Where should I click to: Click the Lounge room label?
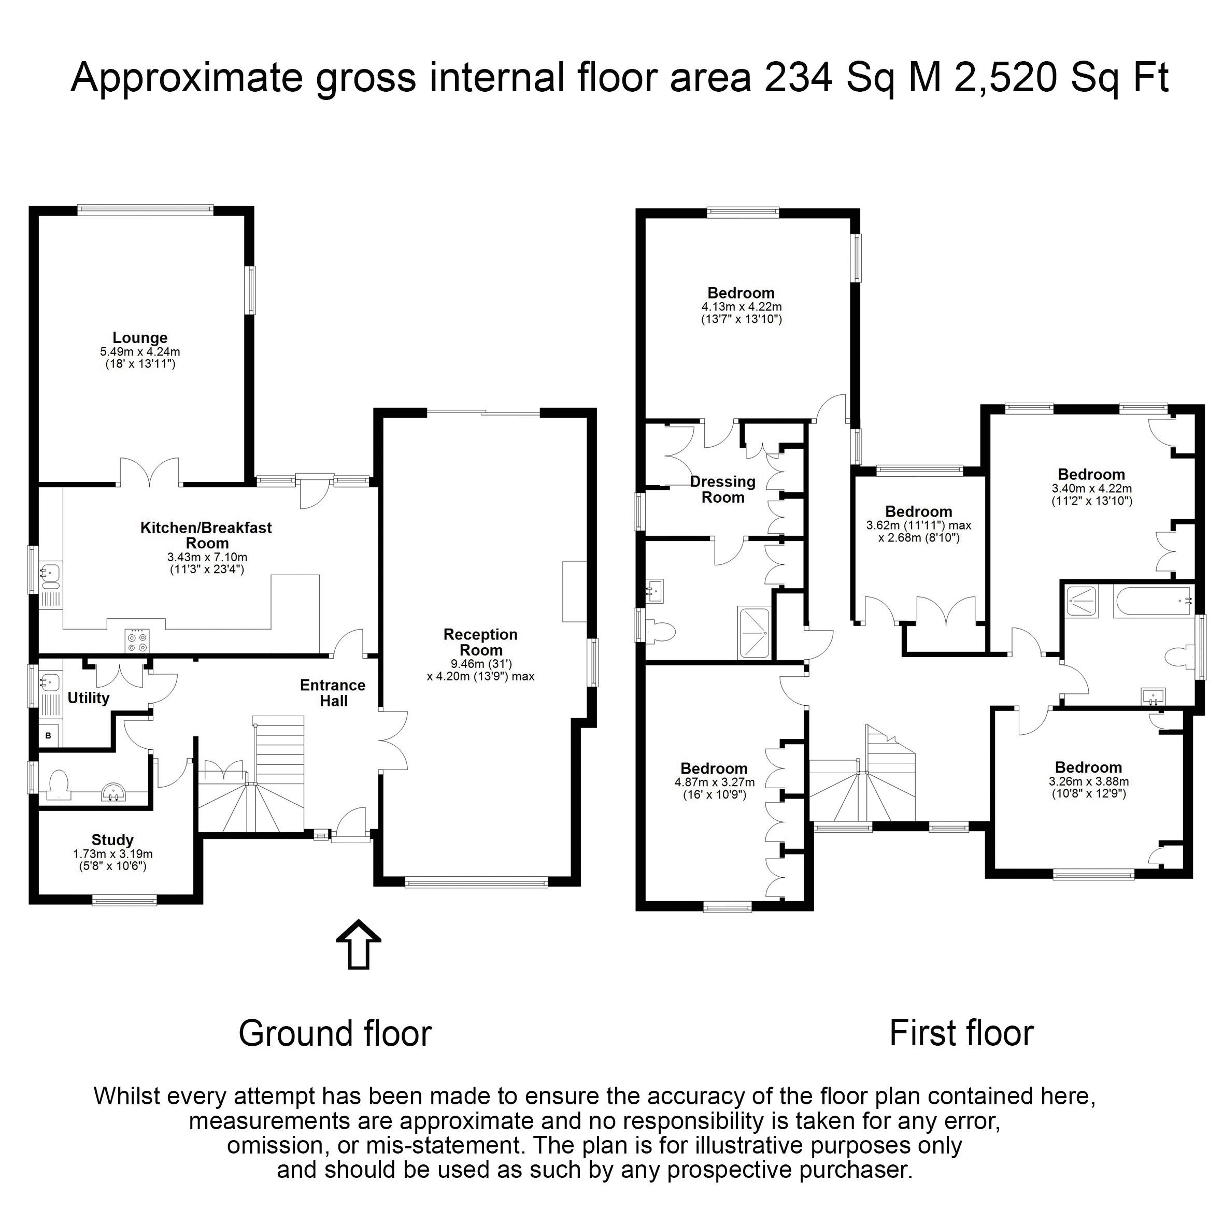140,338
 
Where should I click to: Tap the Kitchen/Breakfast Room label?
207,535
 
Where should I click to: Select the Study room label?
113,840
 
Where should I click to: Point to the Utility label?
89,698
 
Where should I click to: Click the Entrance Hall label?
333,693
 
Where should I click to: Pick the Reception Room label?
481,643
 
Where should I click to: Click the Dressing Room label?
723,489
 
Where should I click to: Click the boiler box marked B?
49,735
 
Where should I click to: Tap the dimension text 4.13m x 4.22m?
741,307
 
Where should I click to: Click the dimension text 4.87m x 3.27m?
715,782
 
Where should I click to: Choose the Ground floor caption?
335,1033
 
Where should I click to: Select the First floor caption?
962,1033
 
